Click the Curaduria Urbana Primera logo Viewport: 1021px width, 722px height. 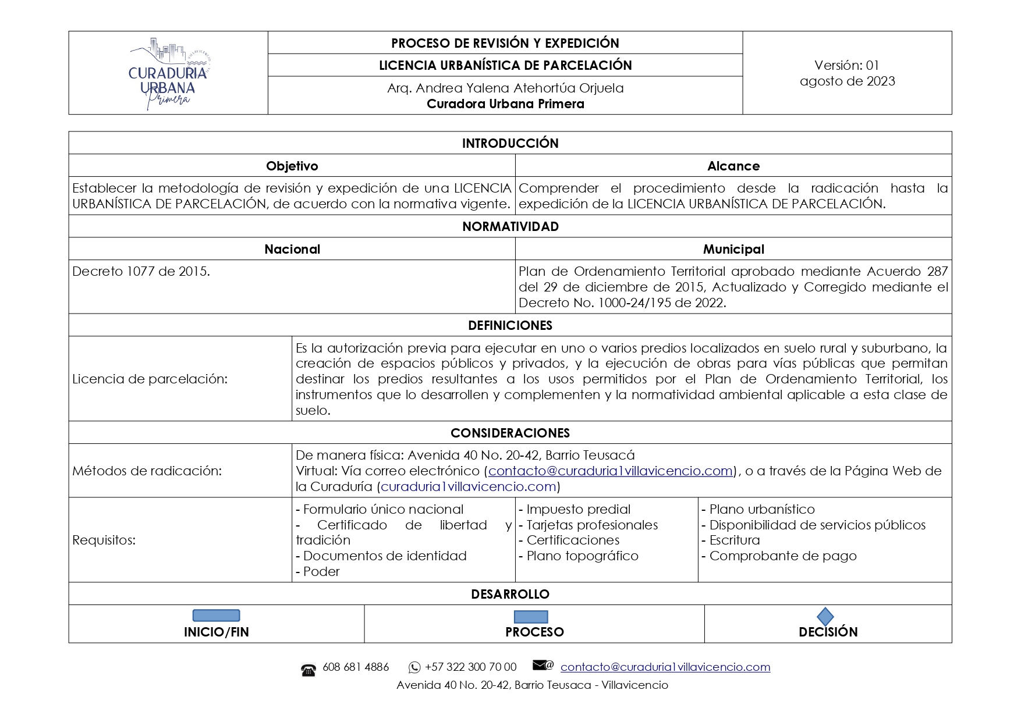click(168, 73)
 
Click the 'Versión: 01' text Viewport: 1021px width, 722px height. click(846, 65)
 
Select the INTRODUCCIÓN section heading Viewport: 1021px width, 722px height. click(510, 143)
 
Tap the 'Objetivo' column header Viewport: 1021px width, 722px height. click(292, 166)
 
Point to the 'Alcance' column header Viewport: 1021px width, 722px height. click(733, 166)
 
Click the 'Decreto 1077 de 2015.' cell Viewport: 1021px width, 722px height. click(141, 272)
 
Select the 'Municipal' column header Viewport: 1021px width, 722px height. click(733, 249)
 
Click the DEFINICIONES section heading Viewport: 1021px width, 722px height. click(510, 325)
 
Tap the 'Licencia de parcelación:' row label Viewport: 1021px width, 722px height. click(150, 379)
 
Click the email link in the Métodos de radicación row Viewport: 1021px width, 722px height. click(610, 471)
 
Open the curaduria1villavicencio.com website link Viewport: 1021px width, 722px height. click(468, 486)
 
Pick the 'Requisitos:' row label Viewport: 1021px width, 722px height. click(104, 540)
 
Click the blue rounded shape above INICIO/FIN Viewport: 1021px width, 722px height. click(216, 616)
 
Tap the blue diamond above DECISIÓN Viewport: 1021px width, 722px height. click(825, 617)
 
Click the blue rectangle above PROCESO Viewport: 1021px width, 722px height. click(530, 617)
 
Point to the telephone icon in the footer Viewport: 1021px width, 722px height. click(309, 670)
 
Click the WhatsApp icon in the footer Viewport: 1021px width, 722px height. click(414, 667)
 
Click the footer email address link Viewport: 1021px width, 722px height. click(665, 667)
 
